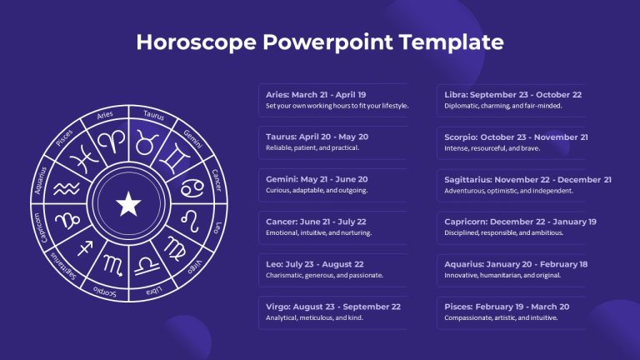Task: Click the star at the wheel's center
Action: click(x=128, y=203)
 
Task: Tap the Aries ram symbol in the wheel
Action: click(x=112, y=141)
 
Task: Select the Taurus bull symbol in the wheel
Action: click(x=147, y=142)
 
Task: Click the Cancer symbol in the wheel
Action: click(x=192, y=188)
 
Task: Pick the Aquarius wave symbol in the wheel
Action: click(x=67, y=188)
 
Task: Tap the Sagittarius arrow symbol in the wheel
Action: click(x=85, y=247)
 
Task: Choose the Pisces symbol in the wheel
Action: click(x=84, y=159)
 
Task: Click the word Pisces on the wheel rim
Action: click(x=64, y=137)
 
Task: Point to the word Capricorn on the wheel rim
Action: click(x=40, y=227)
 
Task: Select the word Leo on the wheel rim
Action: click(x=218, y=227)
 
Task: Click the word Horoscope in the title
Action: click(x=197, y=42)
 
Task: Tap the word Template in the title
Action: click(x=451, y=42)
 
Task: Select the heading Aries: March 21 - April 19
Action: click(x=316, y=95)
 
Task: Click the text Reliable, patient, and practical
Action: click(x=312, y=147)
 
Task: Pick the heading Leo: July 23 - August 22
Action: click(x=315, y=264)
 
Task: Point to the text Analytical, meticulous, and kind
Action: click(x=314, y=317)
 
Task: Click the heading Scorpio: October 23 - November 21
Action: click(x=517, y=137)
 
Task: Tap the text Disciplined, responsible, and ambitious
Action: click(x=503, y=232)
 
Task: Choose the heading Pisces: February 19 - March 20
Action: click(x=507, y=307)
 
